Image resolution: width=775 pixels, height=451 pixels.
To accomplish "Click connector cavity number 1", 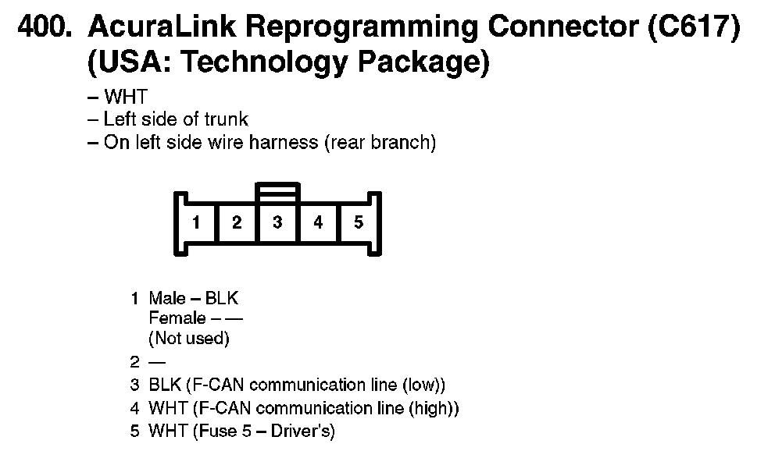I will tap(196, 222).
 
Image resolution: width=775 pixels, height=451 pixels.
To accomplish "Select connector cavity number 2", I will tap(237, 222).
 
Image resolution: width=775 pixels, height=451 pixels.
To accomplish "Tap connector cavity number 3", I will tap(277, 222).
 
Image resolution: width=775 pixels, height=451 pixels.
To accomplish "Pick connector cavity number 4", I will tap(318, 222).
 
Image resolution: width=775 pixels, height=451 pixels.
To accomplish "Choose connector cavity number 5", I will tap(359, 222).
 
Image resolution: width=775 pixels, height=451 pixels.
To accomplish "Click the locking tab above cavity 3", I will tap(277, 190).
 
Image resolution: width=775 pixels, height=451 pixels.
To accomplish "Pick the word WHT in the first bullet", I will tap(126, 98).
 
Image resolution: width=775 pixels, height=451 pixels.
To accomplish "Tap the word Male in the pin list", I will tap(167, 299).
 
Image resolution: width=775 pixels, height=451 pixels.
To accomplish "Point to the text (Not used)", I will tap(189, 339).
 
